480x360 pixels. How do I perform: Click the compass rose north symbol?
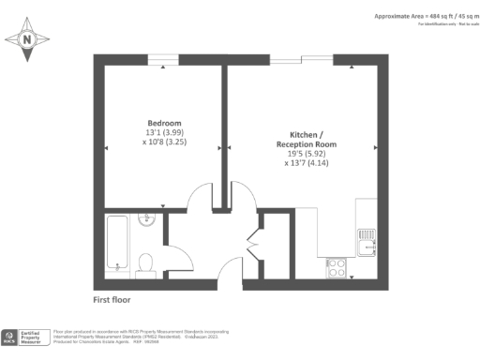click(x=27, y=39)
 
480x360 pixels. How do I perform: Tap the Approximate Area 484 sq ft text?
click(x=426, y=16)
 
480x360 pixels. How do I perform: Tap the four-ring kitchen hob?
click(x=337, y=266)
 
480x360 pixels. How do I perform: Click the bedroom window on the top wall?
click(x=163, y=59)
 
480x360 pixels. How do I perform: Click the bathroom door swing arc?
click(x=176, y=258)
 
